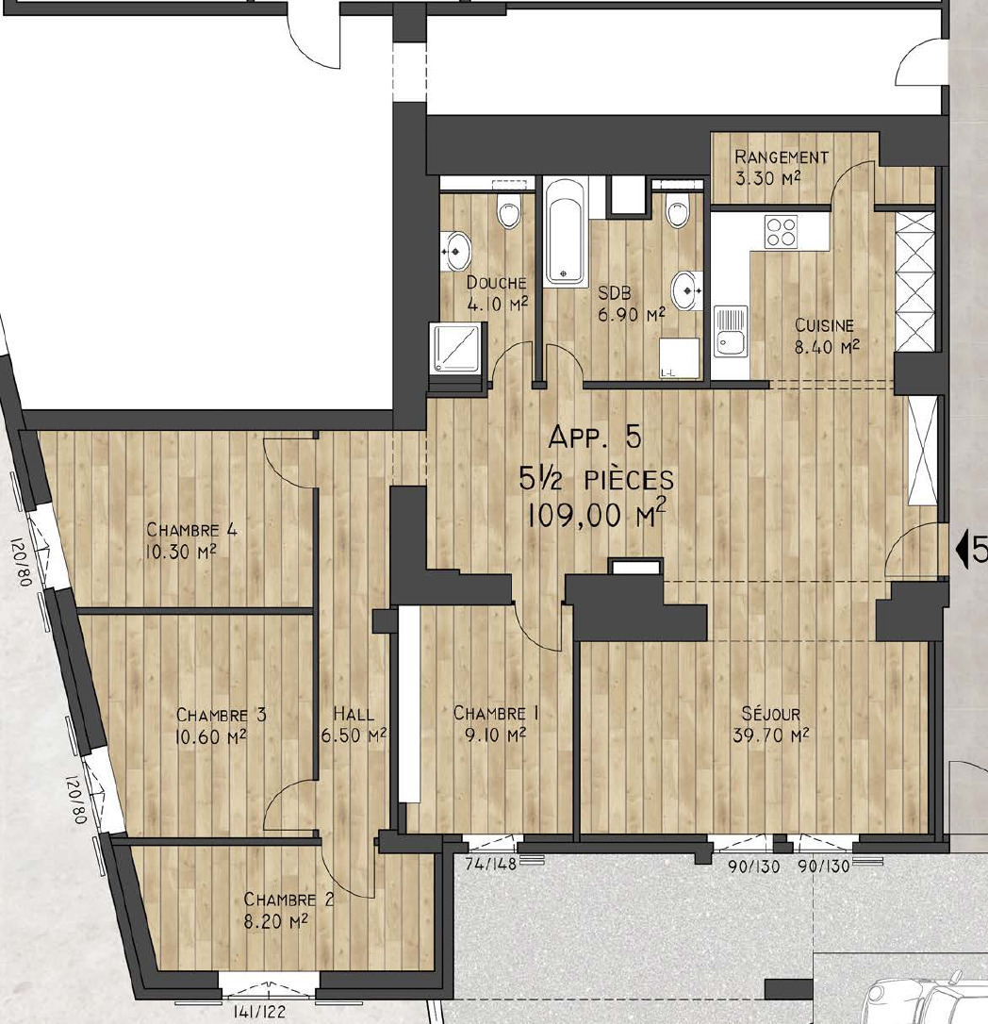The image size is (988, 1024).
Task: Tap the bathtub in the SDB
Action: pyautogui.click(x=566, y=232)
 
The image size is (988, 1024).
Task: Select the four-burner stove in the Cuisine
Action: pyautogui.click(x=781, y=232)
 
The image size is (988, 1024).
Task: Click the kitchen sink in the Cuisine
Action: pyautogui.click(x=730, y=332)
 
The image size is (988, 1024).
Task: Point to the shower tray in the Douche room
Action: pyautogui.click(x=454, y=347)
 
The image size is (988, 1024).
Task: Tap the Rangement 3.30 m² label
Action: pyautogui.click(x=781, y=167)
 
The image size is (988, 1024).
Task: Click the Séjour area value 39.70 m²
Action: pyautogui.click(x=770, y=735)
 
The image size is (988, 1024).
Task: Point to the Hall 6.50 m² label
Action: pyautogui.click(x=354, y=724)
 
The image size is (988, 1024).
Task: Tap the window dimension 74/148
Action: pyautogui.click(x=490, y=864)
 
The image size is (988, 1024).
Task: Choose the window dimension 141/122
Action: pyautogui.click(x=260, y=1013)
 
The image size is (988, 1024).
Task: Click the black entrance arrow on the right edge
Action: pyautogui.click(x=962, y=549)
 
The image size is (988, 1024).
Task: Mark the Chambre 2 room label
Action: pyautogui.click(x=288, y=900)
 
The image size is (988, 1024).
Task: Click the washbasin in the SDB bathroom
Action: pyautogui.click(x=685, y=289)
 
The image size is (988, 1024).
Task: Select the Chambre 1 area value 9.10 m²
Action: pyautogui.click(x=496, y=735)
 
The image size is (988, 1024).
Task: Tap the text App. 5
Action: pyautogui.click(x=594, y=437)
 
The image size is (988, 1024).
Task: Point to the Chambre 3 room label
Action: pyautogui.click(x=222, y=715)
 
